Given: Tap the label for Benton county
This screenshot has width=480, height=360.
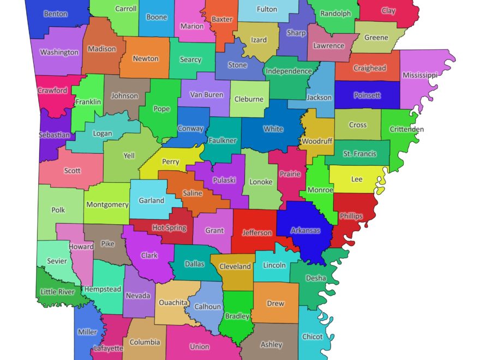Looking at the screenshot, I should (56, 14).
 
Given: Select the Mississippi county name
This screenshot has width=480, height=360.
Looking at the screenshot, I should (419, 75).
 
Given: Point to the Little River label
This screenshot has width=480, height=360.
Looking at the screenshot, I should (58, 292).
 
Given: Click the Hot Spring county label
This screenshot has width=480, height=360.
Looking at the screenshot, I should (169, 228).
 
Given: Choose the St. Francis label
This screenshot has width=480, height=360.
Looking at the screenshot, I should (359, 154).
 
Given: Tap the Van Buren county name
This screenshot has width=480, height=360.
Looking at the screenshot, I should (207, 94).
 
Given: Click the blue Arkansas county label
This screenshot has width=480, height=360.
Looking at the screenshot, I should (305, 231).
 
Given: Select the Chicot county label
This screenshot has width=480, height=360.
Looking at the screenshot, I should (313, 337).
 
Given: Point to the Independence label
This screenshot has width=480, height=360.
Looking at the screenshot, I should (289, 71).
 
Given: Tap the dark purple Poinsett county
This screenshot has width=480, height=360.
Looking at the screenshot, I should (367, 95).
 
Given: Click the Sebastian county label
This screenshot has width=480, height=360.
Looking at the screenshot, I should (54, 135).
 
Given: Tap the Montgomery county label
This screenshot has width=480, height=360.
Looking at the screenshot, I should (107, 205).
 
